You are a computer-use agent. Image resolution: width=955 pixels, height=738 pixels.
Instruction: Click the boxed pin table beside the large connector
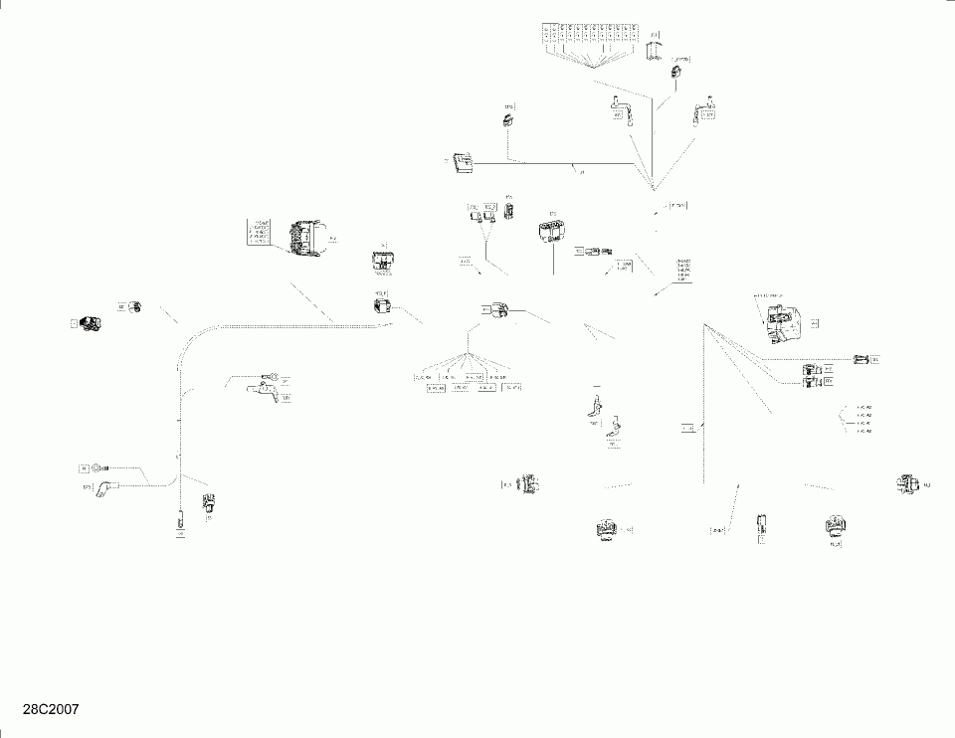click(x=259, y=232)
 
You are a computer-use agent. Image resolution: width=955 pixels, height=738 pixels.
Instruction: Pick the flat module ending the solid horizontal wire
click(x=462, y=163)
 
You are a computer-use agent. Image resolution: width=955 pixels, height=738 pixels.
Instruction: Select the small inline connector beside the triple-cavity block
click(x=598, y=251)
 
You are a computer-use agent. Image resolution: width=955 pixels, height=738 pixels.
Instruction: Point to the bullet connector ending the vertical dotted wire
click(x=180, y=519)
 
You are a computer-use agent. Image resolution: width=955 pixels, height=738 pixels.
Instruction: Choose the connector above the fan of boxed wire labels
click(x=497, y=311)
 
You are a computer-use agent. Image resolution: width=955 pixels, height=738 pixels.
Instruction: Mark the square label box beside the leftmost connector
click(x=74, y=323)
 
